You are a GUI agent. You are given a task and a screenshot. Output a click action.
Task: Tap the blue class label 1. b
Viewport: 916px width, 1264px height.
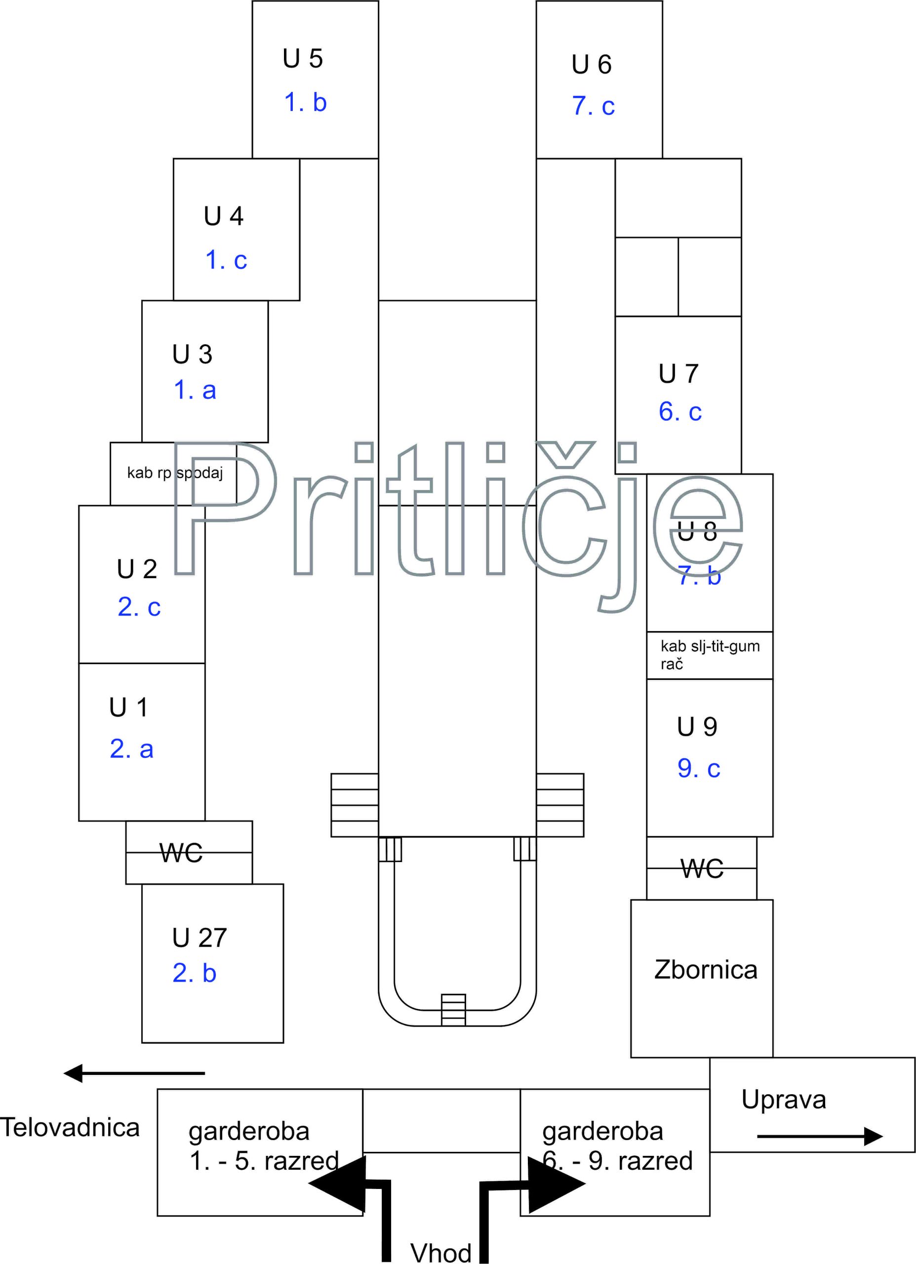point(305,103)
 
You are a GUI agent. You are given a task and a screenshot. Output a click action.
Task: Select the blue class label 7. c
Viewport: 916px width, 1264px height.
point(593,106)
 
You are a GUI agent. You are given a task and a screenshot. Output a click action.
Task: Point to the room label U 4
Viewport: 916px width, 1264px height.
point(224,216)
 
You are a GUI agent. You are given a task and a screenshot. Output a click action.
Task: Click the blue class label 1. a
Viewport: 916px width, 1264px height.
point(195,390)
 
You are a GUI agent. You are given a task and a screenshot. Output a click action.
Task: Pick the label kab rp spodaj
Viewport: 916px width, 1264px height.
point(175,473)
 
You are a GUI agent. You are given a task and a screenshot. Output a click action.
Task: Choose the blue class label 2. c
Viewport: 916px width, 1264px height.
point(139,607)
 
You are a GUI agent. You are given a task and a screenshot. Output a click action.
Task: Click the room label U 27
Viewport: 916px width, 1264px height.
point(199,938)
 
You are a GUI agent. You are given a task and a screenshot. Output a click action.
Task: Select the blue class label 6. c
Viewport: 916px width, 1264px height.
point(679,412)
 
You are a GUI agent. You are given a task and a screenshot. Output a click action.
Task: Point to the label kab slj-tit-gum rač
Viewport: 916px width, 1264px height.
point(710,655)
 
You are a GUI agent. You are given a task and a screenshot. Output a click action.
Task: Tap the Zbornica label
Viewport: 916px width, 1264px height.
point(706,970)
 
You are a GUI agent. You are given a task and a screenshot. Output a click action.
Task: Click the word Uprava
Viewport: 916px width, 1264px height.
point(783,1100)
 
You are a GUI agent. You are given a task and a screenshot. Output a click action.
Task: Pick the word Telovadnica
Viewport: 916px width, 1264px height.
point(70,1127)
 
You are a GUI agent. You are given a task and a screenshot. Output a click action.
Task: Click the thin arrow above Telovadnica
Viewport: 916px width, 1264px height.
point(134,1073)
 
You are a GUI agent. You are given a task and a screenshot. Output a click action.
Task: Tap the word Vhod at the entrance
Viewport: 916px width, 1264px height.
point(441,1253)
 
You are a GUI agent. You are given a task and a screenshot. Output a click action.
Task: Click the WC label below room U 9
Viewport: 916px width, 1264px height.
point(702,869)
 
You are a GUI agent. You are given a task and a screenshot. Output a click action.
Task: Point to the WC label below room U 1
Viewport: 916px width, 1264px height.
point(181,853)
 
